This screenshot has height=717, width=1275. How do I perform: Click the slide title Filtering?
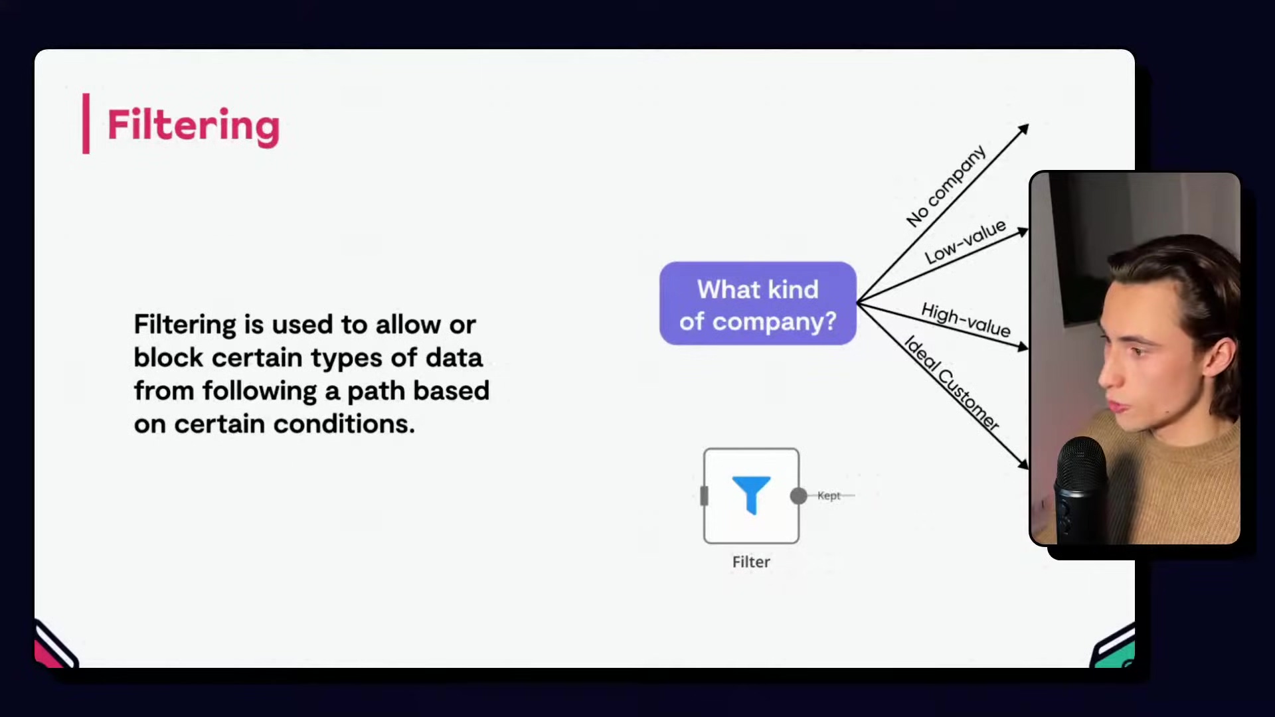click(193, 125)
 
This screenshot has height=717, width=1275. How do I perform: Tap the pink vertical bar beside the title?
click(86, 123)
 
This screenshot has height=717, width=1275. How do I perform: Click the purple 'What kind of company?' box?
click(758, 303)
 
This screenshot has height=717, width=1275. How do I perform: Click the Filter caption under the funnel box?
click(751, 562)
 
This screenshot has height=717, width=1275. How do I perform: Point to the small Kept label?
click(829, 495)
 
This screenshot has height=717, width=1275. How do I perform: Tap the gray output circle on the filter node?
click(799, 496)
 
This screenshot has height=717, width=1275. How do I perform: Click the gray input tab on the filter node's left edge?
click(705, 496)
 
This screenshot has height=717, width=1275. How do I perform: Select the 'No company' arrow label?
click(946, 186)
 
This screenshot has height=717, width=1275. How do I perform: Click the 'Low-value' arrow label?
click(966, 242)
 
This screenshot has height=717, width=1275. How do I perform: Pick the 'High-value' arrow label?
click(966, 320)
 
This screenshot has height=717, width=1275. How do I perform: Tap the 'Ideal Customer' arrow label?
click(952, 384)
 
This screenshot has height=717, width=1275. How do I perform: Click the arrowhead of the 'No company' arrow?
click(1024, 128)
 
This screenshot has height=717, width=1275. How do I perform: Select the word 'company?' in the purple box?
click(774, 321)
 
